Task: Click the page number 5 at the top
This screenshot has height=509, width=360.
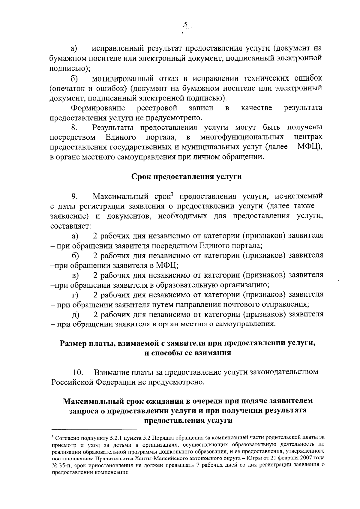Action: pos(185,24)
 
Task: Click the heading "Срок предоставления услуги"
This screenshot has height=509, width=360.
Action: pos(187,177)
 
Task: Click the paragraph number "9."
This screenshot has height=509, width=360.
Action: pos(75,197)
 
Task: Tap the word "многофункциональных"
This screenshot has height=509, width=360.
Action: pos(242,137)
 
